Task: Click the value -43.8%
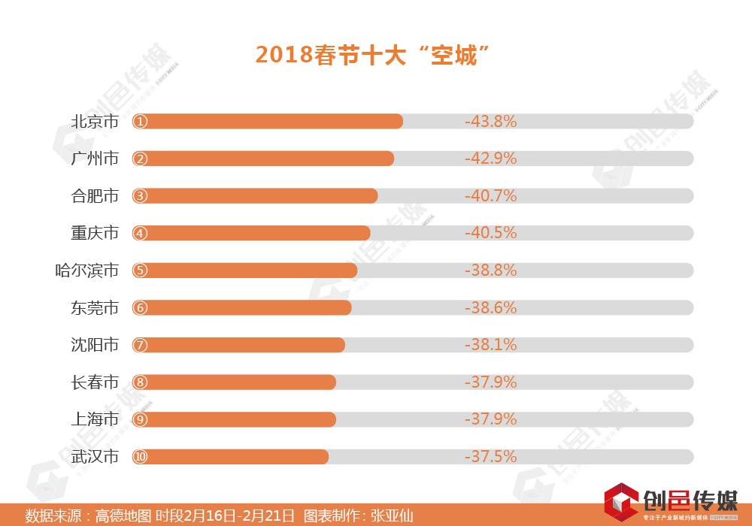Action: coord(490,121)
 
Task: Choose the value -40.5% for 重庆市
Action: coord(490,233)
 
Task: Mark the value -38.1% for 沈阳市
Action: coord(490,345)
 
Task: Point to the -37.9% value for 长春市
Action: coord(490,382)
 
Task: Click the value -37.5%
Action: coord(490,456)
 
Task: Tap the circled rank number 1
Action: coord(141,121)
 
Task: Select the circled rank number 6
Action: coord(141,307)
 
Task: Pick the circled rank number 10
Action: coord(141,456)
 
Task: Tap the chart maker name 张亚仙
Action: coord(392,516)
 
